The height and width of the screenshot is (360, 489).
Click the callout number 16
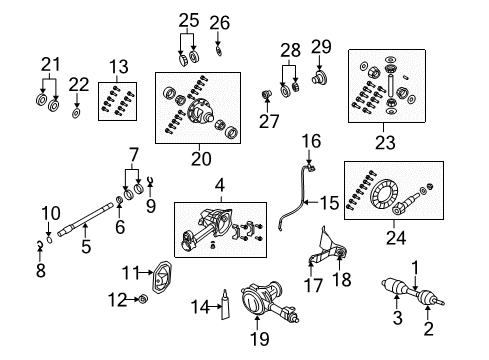pos(310,142)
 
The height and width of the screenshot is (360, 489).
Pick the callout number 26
pos(219,21)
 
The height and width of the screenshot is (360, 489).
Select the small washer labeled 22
pos(75,113)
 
